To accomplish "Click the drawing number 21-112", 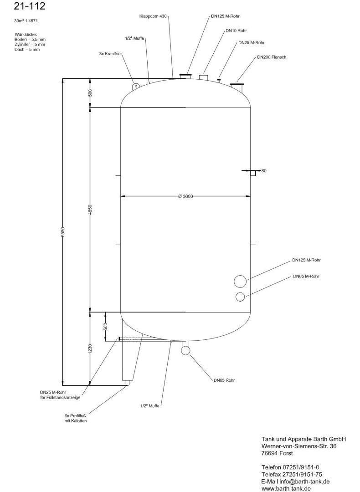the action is coord(30,6).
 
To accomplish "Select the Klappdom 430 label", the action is coord(153,16).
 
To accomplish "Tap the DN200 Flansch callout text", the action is coord(272,57).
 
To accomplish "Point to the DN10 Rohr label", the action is coord(236,31).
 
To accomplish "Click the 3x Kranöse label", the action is coord(110,54).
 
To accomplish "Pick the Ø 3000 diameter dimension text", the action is coord(185,196).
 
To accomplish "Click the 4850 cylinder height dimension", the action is coord(90,210).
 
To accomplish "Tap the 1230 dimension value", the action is coord(90,349).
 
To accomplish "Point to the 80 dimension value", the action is coord(264,171).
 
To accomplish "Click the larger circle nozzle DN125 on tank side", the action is coord(240,281).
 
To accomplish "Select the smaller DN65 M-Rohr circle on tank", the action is coord(240,297).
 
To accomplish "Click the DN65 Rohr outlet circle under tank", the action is coord(186,350).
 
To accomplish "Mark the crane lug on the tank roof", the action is coord(136,85).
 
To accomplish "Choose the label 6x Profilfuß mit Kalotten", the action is coord(75,418).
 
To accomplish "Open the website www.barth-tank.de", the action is coord(286,489).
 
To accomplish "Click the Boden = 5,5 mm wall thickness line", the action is coord(30,40).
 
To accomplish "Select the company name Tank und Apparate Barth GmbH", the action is coord(303,439).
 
